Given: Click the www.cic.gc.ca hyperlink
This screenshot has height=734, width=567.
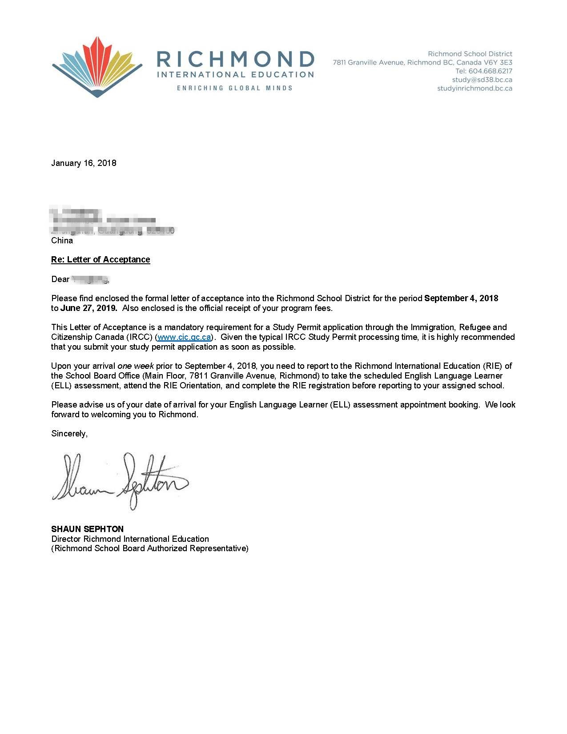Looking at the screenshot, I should [x=184, y=337].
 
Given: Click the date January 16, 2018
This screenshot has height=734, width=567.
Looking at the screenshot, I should [x=84, y=163].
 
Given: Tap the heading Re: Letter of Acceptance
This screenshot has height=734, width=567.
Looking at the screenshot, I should [x=101, y=259].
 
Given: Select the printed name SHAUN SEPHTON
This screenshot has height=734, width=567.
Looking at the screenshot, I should [x=87, y=529].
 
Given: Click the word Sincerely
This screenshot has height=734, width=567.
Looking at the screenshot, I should [x=69, y=433].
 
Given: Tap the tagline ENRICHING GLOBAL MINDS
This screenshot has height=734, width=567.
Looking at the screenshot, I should [x=235, y=88].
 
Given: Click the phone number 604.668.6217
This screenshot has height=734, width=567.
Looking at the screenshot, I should [x=490, y=71].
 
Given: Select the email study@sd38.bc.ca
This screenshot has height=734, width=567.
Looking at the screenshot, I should [x=482, y=80].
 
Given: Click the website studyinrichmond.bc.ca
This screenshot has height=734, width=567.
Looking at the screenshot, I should [x=475, y=88].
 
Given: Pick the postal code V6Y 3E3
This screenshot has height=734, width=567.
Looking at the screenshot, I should [x=499, y=63].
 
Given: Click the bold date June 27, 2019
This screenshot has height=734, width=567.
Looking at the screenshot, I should [x=88, y=308].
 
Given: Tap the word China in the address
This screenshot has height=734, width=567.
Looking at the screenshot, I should [x=62, y=240].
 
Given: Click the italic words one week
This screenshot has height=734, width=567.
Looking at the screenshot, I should [x=136, y=366].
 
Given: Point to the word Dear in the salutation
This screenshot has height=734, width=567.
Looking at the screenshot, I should [x=60, y=279].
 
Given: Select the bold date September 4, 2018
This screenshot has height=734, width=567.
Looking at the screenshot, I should [x=461, y=298].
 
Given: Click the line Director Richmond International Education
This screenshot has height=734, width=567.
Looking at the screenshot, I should [x=130, y=539].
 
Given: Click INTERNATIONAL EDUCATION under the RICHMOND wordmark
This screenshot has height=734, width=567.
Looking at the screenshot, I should [x=235, y=75].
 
